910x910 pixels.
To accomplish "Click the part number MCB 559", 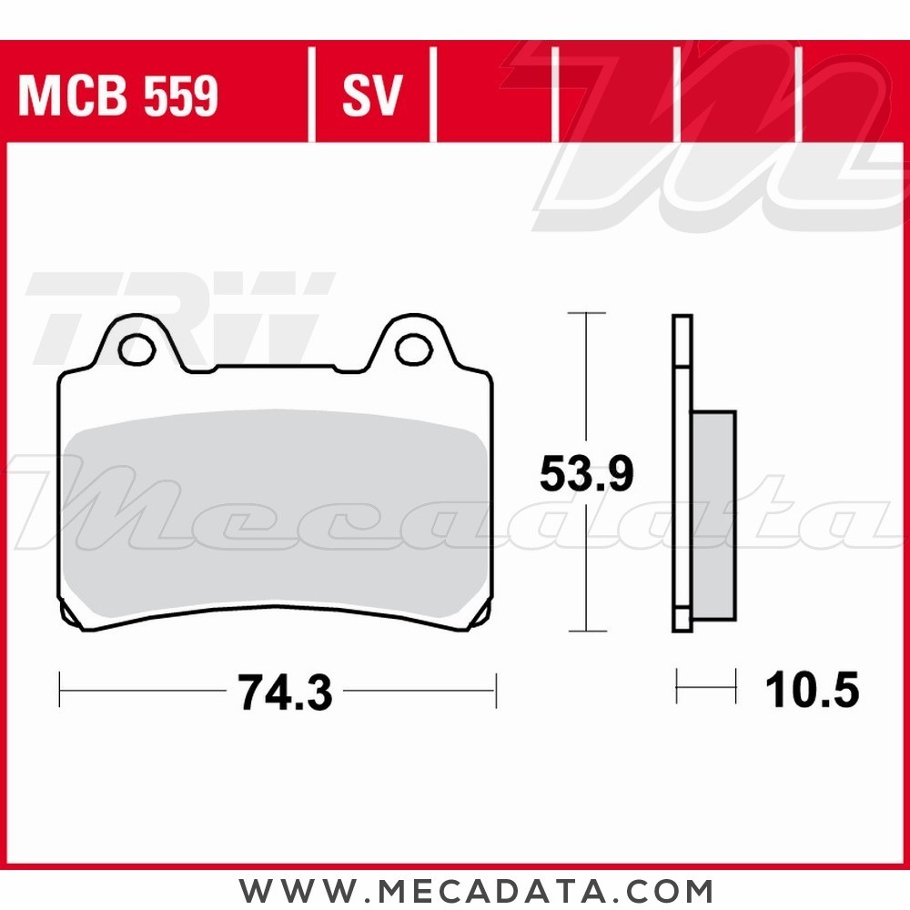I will (x=118, y=96).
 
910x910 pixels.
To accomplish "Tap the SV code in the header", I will (x=371, y=96).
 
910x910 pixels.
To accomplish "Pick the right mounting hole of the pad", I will (x=414, y=346).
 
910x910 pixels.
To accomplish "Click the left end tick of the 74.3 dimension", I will (x=59, y=691).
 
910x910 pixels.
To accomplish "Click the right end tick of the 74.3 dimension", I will (x=496, y=691).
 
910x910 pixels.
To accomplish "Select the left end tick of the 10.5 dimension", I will (x=677, y=685).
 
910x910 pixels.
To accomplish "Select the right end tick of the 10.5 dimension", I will (x=735, y=685).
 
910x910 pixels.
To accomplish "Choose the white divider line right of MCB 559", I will (x=311, y=96).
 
